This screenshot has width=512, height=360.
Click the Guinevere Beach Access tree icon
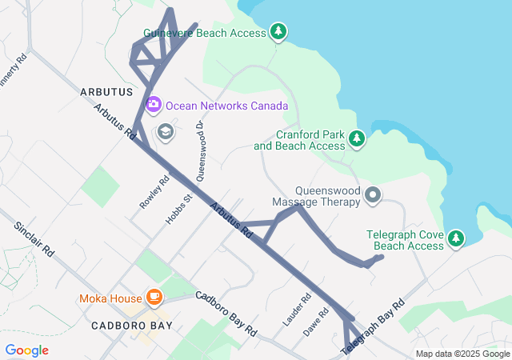click(278, 32)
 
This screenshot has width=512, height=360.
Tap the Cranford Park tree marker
click(357, 140)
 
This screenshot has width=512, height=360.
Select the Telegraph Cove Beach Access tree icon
click(455, 238)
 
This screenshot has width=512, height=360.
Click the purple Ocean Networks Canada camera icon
click(153, 105)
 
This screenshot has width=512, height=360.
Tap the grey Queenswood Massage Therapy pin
click(372, 194)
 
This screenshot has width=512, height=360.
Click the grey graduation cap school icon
click(166, 132)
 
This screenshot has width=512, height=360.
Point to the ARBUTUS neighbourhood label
click(106, 93)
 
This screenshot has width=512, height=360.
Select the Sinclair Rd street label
click(33, 239)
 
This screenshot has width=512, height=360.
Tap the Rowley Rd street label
click(154, 193)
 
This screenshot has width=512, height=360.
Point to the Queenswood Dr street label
click(200, 150)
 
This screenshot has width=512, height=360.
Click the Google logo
click(26, 350)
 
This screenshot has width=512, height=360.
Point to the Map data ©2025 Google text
click(462, 354)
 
